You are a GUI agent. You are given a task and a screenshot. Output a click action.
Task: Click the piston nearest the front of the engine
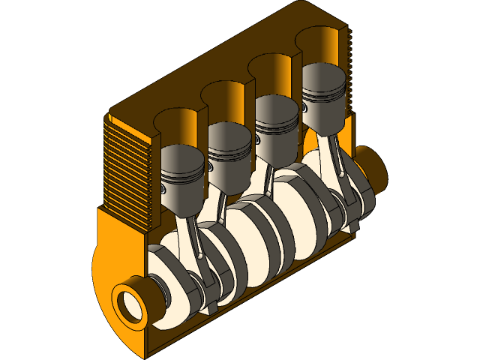point(182,180)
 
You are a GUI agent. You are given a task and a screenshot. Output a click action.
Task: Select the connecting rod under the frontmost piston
point(193,240)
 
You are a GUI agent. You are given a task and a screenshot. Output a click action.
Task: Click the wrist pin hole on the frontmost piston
point(164,190)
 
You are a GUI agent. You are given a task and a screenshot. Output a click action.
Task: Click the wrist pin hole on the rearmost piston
point(307,109)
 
